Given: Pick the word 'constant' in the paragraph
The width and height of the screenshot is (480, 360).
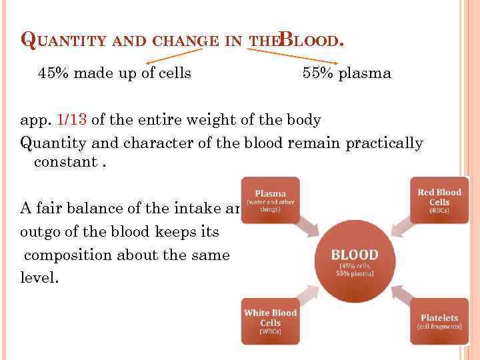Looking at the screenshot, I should [x=61, y=162].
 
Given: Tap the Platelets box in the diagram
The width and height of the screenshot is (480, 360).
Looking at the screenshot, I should [x=439, y=321].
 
